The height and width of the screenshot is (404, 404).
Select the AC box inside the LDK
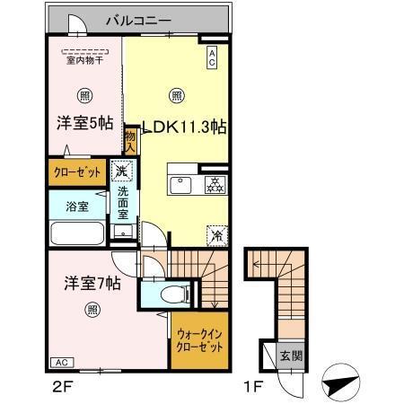point(212,58)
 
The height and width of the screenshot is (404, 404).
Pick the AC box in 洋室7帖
point(61,362)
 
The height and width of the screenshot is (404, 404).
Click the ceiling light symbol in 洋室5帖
point(83,94)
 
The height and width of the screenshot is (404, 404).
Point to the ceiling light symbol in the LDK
point(178,93)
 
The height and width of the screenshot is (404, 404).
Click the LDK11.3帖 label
point(181,127)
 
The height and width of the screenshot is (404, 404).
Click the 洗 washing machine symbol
point(123,169)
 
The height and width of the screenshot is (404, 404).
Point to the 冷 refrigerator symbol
point(216,233)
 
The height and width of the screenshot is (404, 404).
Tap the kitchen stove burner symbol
point(215,185)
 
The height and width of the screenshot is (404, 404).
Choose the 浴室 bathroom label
point(76,206)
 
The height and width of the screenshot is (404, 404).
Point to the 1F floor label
point(254,387)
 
